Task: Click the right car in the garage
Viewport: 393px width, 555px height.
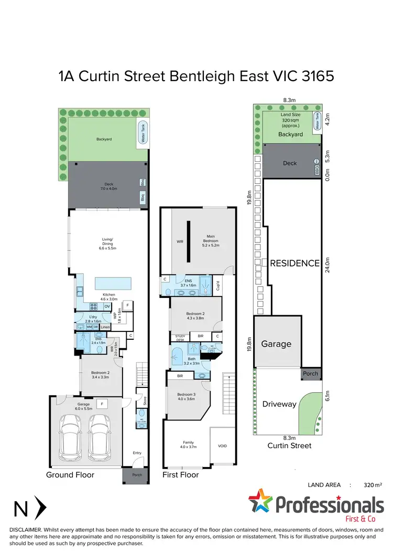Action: coord(100,435)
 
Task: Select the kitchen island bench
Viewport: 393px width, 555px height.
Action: coord(113,284)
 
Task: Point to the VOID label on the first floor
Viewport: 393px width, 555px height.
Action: coord(222,446)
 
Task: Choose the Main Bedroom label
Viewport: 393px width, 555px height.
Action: coord(210,239)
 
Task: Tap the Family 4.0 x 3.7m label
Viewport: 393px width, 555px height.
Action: coord(188,444)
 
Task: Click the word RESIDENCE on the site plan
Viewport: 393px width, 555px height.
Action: coord(294,263)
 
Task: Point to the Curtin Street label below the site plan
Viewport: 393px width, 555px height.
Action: coord(289,446)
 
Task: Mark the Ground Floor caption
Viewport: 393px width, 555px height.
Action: coord(70,475)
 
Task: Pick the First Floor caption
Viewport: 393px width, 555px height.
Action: coord(181,475)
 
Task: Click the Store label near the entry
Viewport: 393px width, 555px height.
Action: coord(145,401)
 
